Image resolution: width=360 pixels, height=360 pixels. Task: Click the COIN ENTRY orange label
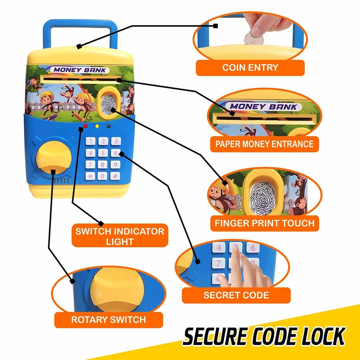click(x=250, y=67)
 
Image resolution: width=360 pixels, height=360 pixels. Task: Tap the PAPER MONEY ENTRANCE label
click(x=264, y=144)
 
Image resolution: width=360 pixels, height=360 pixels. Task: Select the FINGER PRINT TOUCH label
click(x=264, y=223)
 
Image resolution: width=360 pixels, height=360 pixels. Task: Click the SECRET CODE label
click(x=236, y=295)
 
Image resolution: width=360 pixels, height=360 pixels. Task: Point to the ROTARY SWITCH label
click(x=108, y=320)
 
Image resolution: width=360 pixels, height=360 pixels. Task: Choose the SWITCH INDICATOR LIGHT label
click(x=120, y=236)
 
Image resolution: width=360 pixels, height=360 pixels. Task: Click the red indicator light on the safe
click(x=85, y=126)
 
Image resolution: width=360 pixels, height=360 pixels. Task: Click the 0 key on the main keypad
click(x=103, y=176)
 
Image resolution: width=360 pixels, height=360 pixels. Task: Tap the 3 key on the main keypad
click(x=115, y=141)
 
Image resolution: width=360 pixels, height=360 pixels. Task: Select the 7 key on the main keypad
click(x=90, y=165)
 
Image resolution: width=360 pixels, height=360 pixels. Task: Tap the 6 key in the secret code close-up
click(x=253, y=247)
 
